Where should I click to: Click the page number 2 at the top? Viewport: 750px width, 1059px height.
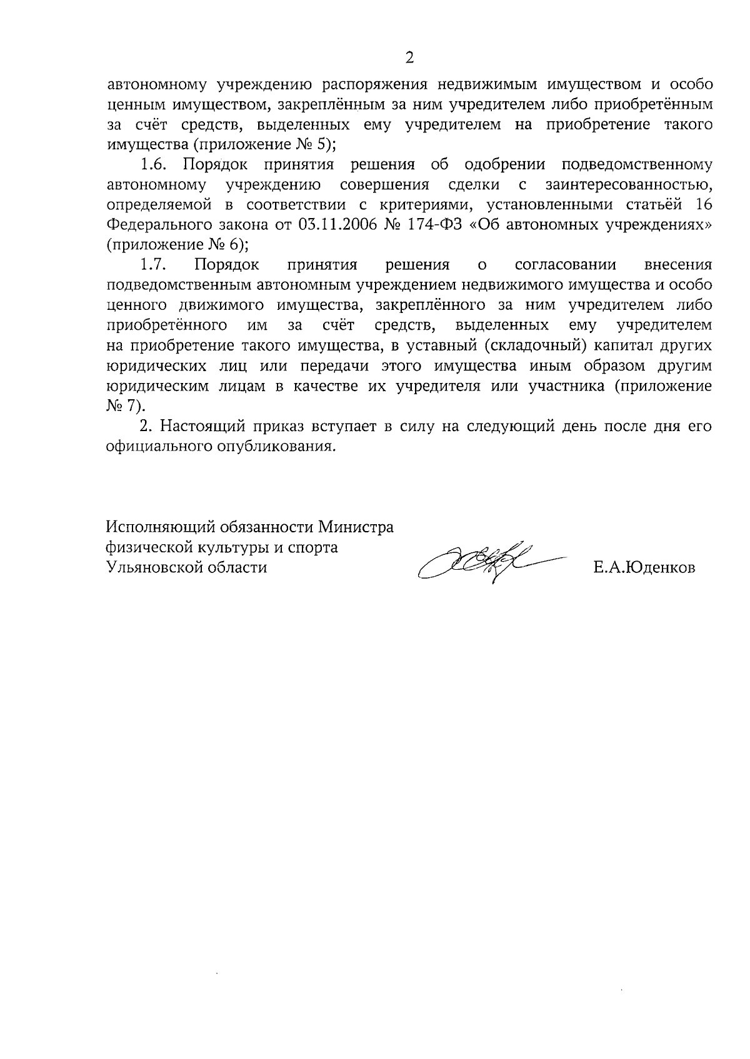click(409, 58)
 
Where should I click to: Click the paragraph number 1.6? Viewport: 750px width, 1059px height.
click(152, 165)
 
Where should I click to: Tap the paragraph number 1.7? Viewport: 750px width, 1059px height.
click(152, 265)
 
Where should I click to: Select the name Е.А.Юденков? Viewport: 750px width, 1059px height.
click(644, 568)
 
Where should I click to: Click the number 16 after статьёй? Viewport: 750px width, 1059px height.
click(703, 205)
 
